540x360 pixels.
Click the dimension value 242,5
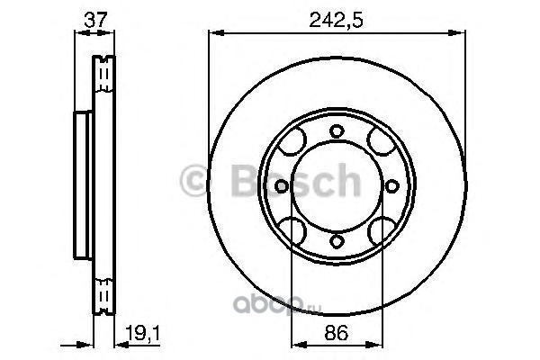point(336,21)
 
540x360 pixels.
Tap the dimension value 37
point(95,20)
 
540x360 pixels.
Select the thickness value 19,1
point(142,333)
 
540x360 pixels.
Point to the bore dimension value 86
point(336,333)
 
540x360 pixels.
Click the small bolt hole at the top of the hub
point(337,131)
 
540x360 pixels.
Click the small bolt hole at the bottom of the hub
point(337,241)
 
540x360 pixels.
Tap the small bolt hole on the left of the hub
point(282,186)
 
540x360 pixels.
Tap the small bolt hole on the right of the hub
point(391,186)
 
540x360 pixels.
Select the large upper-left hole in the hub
point(292,141)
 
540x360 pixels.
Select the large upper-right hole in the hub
point(381,141)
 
